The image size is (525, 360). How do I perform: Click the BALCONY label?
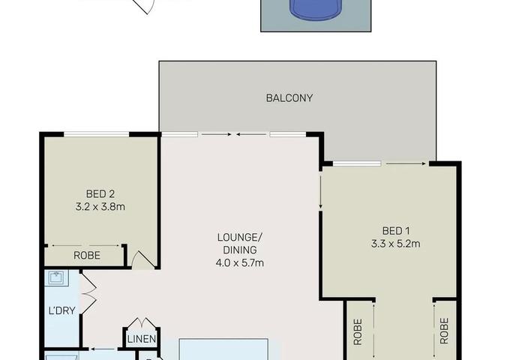[289, 97]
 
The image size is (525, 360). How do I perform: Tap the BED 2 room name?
[100, 194]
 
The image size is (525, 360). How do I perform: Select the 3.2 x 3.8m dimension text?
[100, 206]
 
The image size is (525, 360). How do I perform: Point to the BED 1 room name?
[396, 231]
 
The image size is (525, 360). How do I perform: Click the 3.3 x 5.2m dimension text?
[396, 244]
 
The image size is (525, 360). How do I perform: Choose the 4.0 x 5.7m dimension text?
[240, 263]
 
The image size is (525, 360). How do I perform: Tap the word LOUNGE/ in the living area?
[240, 238]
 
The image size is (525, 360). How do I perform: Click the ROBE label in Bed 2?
[87, 256]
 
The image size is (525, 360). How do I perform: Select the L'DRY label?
[62, 310]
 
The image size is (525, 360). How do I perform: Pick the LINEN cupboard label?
[142, 339]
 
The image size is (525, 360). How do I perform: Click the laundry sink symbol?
[56, 278]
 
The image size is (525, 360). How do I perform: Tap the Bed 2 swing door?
[143, 259]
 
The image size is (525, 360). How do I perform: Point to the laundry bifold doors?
[88, 294]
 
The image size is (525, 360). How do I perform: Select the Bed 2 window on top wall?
[97, 134]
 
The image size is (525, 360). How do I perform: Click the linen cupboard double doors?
[142, 322]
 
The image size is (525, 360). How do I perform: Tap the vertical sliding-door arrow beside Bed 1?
[321, 192]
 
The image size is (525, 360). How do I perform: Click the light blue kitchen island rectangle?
[223, 349]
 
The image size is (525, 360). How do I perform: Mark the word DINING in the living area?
[240, 250]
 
